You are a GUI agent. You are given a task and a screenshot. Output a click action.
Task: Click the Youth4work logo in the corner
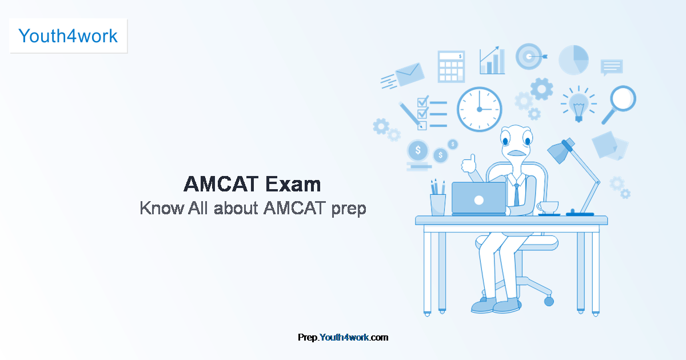68,36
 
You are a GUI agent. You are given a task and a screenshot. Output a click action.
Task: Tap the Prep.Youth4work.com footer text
343,337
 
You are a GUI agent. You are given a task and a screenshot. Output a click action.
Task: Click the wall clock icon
479,109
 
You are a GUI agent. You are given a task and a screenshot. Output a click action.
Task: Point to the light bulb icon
578,105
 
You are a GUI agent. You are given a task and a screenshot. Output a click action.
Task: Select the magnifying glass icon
620,103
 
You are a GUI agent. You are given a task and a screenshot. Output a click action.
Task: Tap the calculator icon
451,66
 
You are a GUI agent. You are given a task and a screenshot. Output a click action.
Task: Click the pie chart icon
573,60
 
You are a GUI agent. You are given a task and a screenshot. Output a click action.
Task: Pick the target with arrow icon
529,57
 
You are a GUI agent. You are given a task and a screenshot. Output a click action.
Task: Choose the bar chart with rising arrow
492,61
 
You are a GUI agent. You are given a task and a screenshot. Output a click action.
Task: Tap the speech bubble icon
611,67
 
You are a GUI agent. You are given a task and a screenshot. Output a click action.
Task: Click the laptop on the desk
478,198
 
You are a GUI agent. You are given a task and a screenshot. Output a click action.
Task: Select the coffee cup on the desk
548,207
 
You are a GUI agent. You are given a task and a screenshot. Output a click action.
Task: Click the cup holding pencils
438,205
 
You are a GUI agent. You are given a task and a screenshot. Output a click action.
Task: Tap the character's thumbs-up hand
469,163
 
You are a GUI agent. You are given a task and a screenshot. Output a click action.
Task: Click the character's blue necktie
516,194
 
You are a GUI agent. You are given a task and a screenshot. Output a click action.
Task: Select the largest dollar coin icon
419,151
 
